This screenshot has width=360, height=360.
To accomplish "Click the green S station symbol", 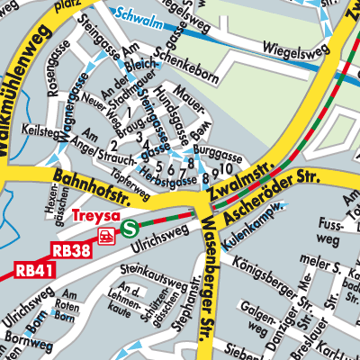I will (x=130, y=229).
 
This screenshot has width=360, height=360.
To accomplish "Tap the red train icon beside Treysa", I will (x=107, y=237).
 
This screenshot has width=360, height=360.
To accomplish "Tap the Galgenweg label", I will (x=258, y=317).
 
